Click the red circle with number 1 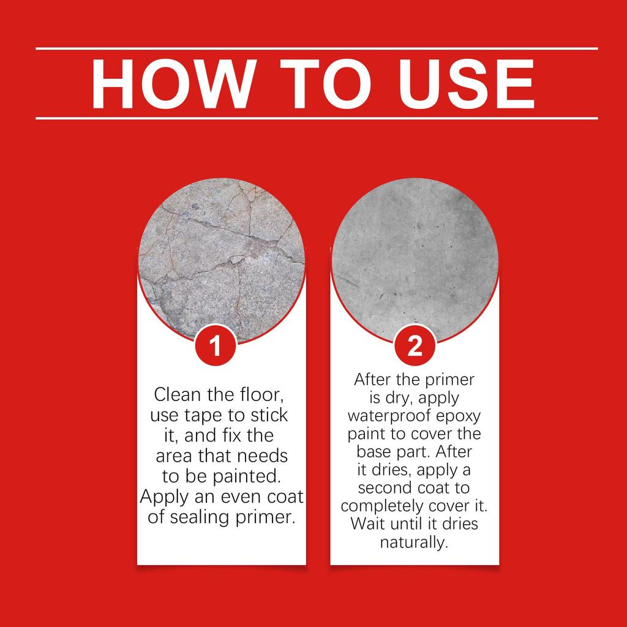(x=214, y=347)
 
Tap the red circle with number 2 (x=415, y=347)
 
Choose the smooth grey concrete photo (x=415, y=251)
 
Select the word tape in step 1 (x=203, y=415)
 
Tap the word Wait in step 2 (x=366, y=524)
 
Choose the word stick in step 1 (x=268, y=415)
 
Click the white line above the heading (x=317, y=48)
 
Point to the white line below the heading (x=317, y=118)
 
